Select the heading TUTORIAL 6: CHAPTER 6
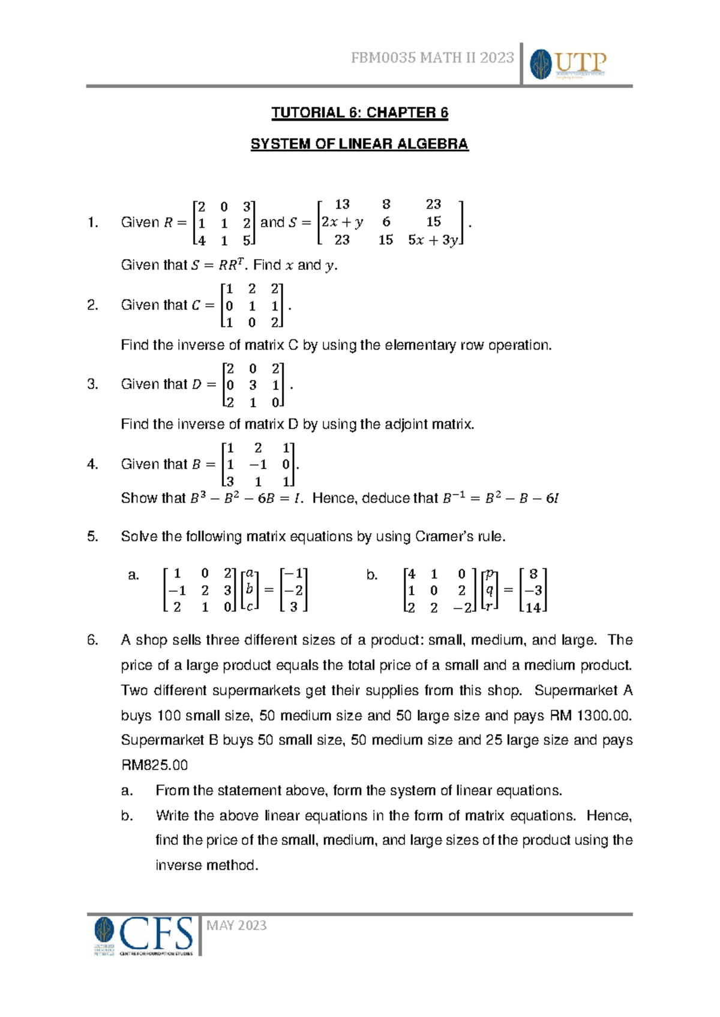(x=359, y=113)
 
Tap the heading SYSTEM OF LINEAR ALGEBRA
(x=359, y=144)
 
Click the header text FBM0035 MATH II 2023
(x=432, y=58)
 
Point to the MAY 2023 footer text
(x=236, y=925)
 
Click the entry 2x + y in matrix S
(x=342, y=222)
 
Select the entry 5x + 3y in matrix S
(x=433, y=240)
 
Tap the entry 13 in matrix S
(x=342, y=204)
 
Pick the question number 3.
(x=92, y=384)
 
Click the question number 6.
(x=92, y=640)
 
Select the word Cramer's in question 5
(x=442, y=537)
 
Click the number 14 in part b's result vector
(x=533, y=607)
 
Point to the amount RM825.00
(x=154, y=765)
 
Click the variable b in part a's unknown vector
(x=250, y=590)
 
